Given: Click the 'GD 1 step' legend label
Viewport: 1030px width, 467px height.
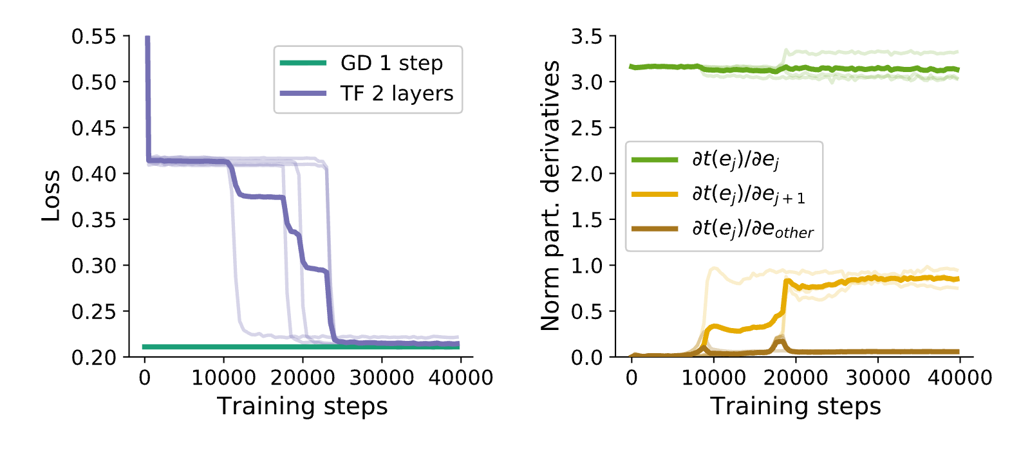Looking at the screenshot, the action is tap(392, 64).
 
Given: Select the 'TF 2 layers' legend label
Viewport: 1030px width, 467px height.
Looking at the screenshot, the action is tap(397, 94).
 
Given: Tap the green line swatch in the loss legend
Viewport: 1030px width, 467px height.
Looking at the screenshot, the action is tap(303, 63).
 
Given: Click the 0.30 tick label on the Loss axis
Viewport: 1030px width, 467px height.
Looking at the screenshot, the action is tap(94, 266).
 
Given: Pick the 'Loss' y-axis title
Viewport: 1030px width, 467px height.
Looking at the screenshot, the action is tap(51, 196).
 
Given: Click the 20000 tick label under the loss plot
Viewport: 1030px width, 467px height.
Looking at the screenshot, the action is tap(303, 378).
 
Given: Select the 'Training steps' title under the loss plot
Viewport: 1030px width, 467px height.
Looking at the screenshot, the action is tap(302, 407).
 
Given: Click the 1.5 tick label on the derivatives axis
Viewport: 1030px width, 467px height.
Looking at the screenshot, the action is tap(586, 220).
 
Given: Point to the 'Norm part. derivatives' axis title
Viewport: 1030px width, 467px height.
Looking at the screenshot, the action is tap(550, 196).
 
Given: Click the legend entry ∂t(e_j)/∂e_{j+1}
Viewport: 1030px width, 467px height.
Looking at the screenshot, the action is tap(749, 195).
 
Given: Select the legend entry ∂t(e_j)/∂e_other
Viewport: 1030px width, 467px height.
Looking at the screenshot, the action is tap(753, 230).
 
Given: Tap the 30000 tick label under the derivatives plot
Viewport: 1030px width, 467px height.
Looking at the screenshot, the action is tap(878, 378).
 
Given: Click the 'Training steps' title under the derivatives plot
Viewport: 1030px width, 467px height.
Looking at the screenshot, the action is tap(796, 407).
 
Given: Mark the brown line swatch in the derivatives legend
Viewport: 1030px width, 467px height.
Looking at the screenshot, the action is tap(655, 229).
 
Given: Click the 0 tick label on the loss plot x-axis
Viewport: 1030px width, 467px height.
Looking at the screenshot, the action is tap(145, 378).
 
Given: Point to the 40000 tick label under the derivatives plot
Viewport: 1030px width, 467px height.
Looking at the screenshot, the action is tap(960, 378).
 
